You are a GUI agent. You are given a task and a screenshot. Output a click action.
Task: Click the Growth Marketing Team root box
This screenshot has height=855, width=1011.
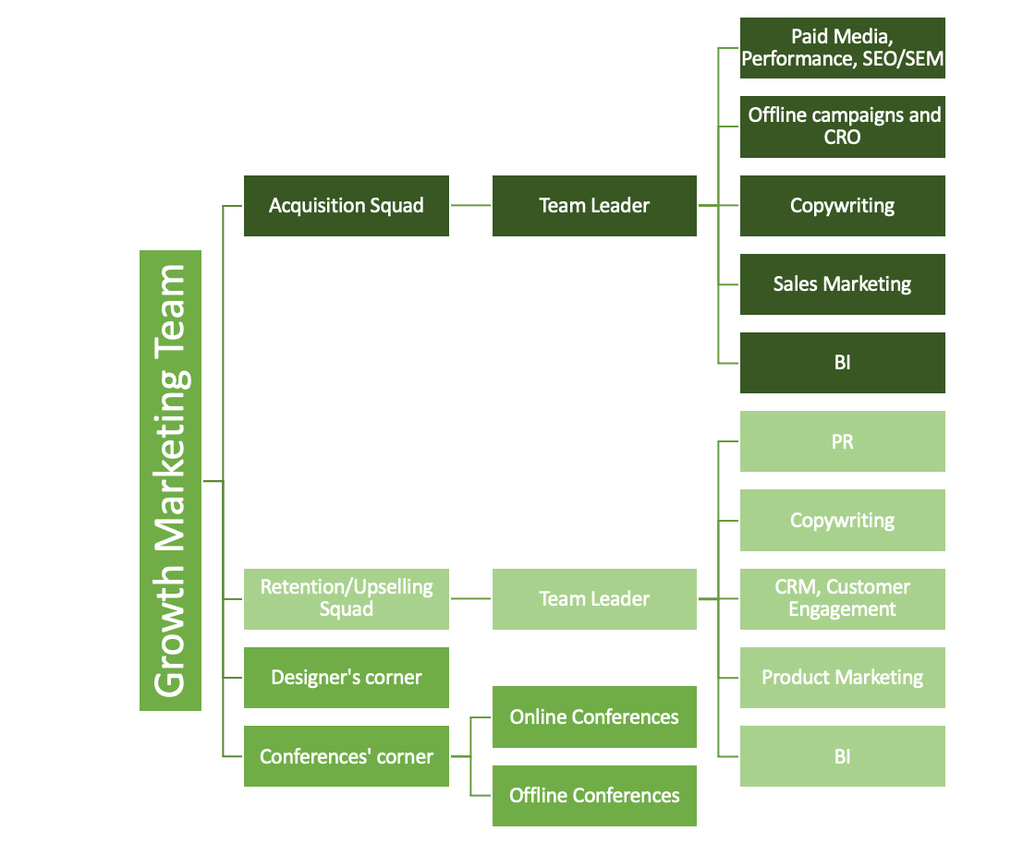[170, 480]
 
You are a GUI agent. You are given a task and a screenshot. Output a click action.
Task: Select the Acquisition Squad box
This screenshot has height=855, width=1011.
[346, 206]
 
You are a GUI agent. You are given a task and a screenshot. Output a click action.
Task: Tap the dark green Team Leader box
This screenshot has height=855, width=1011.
[594, 206]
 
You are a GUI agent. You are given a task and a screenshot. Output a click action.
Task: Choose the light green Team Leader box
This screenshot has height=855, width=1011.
[594, 599]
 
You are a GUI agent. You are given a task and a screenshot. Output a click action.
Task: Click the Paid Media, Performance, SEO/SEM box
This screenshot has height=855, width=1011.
[842, 48]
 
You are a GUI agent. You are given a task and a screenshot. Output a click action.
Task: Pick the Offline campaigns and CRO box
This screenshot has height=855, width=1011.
[842, 126]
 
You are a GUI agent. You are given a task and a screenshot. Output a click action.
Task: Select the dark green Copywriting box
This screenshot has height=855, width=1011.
[842, 206]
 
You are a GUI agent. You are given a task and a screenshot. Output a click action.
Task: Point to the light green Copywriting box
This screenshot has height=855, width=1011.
[842, 521]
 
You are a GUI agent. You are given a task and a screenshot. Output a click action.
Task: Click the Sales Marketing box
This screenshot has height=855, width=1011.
[842, 284]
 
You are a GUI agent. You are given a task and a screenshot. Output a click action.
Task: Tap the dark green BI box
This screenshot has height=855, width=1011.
[842, 363]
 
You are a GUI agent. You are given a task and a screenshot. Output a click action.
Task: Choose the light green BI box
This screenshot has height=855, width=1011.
[842, 756]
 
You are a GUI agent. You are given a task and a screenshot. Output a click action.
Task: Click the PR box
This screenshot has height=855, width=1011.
[842, 441]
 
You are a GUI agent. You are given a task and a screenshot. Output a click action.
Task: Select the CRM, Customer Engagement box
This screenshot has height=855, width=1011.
[842, 599]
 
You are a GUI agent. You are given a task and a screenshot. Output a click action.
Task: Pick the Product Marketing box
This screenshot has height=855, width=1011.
[842, 678]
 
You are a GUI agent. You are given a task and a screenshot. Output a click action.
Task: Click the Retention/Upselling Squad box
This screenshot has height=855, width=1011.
[346, 599]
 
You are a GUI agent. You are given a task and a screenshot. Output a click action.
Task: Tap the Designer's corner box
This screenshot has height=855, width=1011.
[346, 678]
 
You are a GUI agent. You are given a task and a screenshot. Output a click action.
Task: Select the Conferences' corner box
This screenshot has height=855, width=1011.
[346, 756]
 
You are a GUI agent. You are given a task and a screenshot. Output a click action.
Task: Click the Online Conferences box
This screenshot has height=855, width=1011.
[594, 717]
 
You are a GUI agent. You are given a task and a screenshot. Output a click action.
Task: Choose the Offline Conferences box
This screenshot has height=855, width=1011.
[594, 796]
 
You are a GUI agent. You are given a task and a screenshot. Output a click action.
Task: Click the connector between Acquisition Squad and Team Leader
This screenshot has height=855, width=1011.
[470, 206]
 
